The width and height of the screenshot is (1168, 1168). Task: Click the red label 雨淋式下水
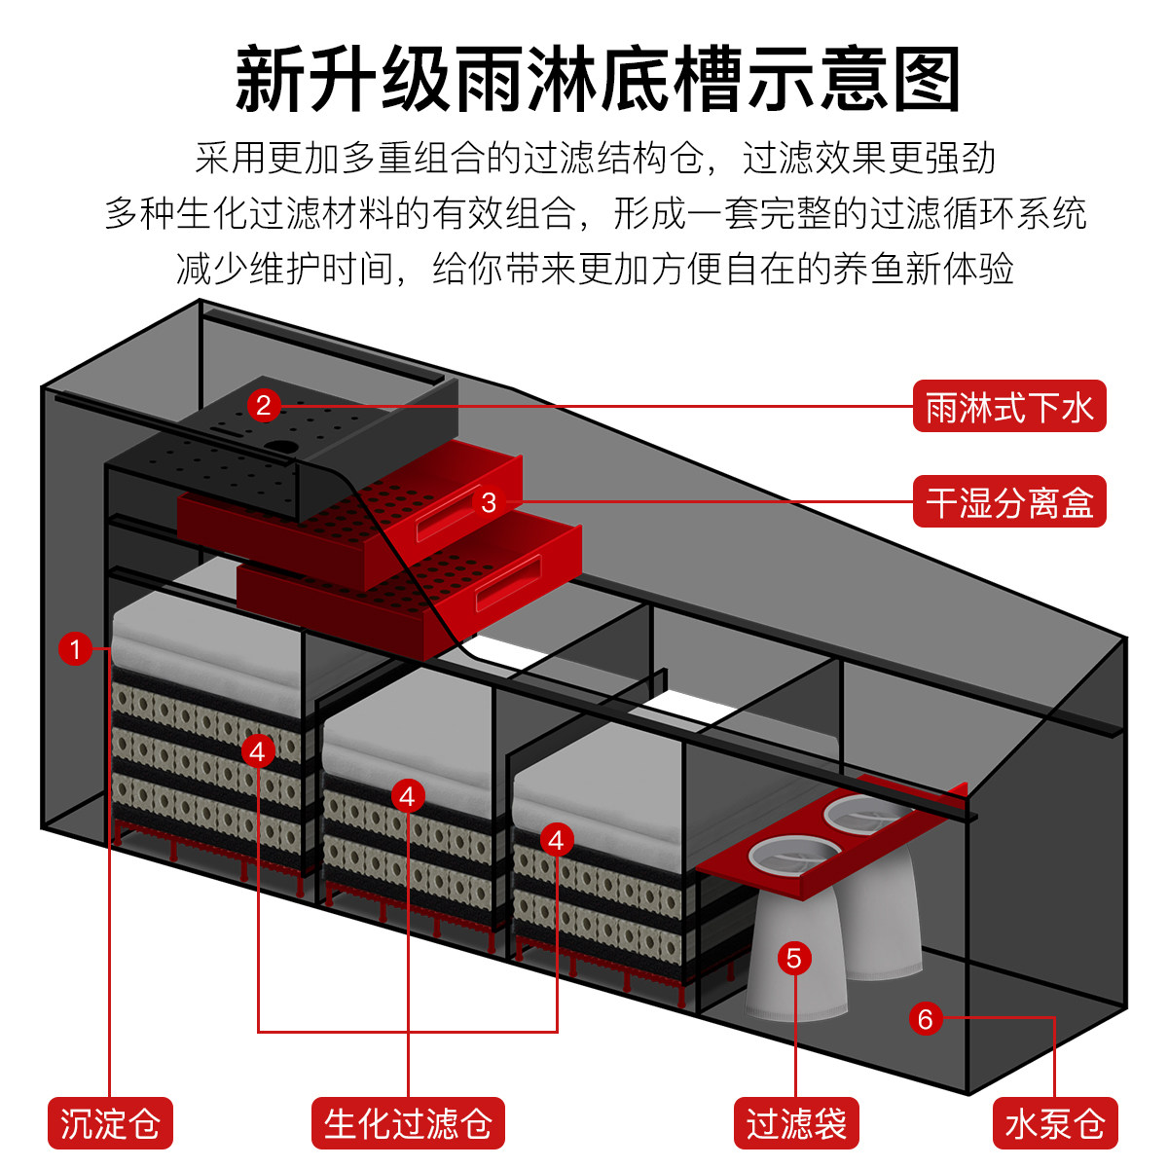(1009, 407)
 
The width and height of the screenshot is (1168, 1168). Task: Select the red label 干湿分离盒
(1009, 502)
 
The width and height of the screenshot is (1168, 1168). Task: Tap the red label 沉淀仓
(110, 1123)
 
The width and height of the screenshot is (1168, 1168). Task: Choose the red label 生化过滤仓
(408, 1123)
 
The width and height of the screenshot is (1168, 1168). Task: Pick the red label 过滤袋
(796, 1123)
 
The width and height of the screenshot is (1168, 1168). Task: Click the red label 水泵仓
(1055, 1123)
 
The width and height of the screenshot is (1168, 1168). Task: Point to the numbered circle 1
(75, 648)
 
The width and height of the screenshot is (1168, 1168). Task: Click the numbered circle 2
(263, 405)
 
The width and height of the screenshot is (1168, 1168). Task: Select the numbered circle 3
(489, 502)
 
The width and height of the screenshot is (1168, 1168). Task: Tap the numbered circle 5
(794, 958)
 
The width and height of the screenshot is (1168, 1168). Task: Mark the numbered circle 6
(925, 1018)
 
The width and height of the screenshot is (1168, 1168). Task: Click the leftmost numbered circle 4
(258, 750)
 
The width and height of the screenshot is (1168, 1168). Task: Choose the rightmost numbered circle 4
(557, 839)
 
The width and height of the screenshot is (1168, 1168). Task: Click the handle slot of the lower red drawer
(507, 583)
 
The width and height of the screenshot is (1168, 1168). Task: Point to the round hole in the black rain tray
(281, 449)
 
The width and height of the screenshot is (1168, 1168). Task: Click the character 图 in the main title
(926, 80)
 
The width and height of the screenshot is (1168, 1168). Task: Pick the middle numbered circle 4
(408, 795)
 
